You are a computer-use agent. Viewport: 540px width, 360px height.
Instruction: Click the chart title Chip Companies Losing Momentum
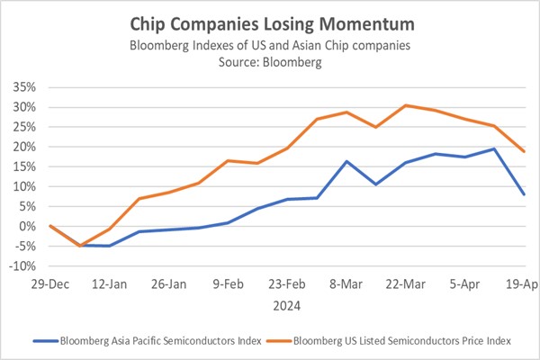click(x=270, y=20)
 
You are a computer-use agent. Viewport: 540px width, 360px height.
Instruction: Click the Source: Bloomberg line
click(x=270, y=64)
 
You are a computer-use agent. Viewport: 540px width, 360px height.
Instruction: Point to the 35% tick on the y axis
click(x=24, y=87)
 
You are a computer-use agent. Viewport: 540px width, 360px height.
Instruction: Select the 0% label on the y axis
click(x=29, y=227)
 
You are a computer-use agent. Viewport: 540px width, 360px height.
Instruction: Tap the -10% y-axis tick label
click(x=22, y=266)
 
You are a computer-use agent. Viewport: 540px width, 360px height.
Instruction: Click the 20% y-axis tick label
click(x=24, y=147)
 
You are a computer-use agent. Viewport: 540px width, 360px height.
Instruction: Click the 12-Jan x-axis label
click(x=110, y=282)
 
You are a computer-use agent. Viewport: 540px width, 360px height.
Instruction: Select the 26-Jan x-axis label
click(x=168, y=282)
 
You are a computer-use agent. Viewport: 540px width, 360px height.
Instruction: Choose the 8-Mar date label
click(x=346, y=282)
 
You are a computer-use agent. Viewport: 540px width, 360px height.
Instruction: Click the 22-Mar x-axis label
click(x=406, y=282)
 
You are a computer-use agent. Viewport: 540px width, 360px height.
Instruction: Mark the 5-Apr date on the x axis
click(x=464, y=282)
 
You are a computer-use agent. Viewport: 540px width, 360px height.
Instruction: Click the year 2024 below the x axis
click(x=286, y=305)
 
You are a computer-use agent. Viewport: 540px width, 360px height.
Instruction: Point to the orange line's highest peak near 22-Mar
click(x=406, y=105)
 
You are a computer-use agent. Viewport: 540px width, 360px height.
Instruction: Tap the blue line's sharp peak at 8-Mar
click(x=346, y=162)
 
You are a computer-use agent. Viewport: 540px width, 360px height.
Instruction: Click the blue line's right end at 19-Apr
click(x=524, y=194)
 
